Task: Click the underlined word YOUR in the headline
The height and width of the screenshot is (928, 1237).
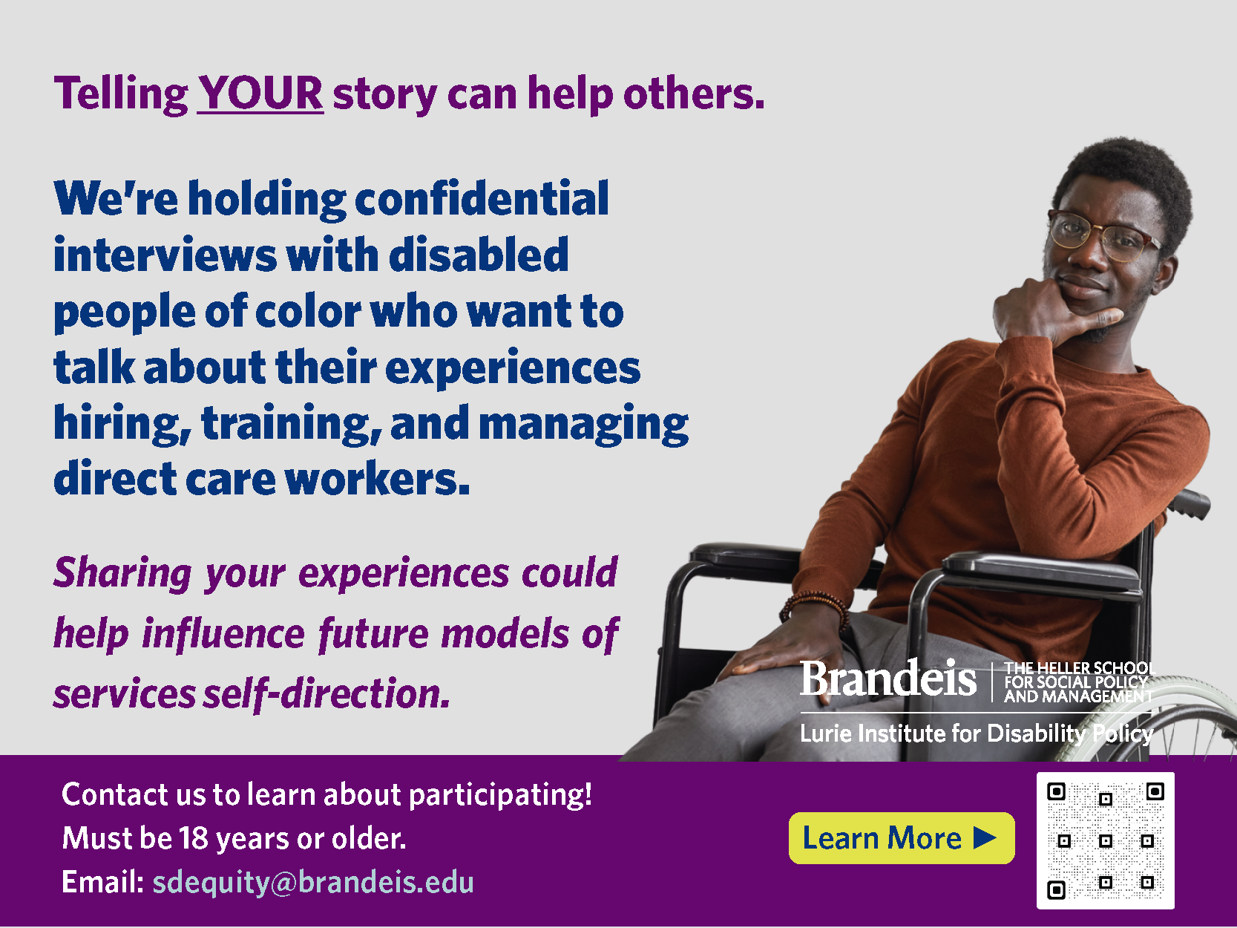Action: click(x=260, y=94)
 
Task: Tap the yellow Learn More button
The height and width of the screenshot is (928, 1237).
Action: click(x=902, y=837)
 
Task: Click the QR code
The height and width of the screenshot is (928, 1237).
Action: click(x=1105, y=840)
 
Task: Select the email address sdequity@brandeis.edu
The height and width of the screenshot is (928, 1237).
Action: click(x=312, y=882)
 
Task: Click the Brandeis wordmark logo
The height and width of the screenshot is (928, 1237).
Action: click(x=888, y=679)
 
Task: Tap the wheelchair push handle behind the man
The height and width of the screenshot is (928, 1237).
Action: click(x=1188, y=503)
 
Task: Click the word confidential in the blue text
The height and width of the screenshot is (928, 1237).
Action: click(x=482, y=199)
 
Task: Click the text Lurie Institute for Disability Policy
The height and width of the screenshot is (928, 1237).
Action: click(x=977, y=734)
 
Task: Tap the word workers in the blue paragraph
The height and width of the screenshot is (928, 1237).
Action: click(x=377, y=480)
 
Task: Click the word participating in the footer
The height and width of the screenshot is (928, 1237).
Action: click(x=500, y=796)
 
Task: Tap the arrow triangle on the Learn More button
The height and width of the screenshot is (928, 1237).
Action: click(x=985, y=837)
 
